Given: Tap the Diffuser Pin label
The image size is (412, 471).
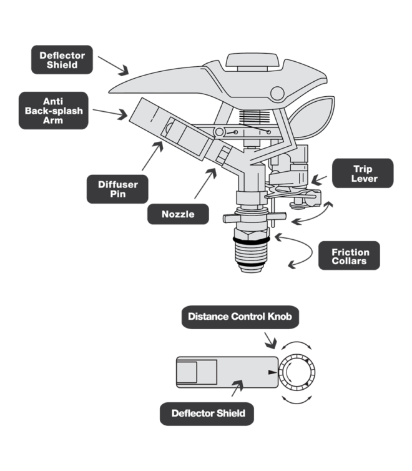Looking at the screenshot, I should [117, 189].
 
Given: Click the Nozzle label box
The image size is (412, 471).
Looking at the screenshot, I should [178, 214].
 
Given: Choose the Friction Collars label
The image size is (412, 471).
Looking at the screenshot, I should [349, 255].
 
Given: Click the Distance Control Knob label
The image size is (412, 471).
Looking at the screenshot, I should [240, 317].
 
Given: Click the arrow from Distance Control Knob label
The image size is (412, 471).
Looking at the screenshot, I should [270, 340].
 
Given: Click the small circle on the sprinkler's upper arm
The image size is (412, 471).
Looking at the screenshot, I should [277, 94].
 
